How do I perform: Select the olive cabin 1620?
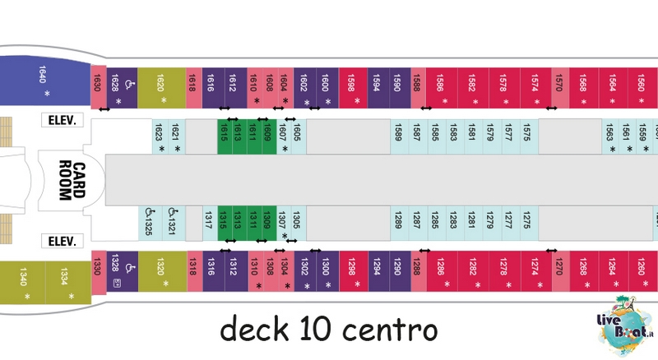[x=161, y=88]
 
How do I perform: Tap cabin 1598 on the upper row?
[x=353, y=88]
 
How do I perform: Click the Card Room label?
[x=72, y=180]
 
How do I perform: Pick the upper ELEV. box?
[x=63, y=120]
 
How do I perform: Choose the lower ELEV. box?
[x=63, y=241]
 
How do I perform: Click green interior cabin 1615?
[x=225, y=136]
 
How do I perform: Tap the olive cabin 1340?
[x=23, y=283]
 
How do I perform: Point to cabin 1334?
[x=68, y=283]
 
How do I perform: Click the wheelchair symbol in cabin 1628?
[x=130, y=85]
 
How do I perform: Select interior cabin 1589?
[x=399, y=136]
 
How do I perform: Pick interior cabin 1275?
[x=529, y=224]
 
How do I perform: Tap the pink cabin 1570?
[x=560, y=88]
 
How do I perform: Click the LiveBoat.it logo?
[x=625, y=325]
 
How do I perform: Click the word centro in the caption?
[x=390, y=330]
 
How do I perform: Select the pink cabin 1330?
[x=99, y=272]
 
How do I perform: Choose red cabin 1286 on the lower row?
[x=443, y=271]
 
